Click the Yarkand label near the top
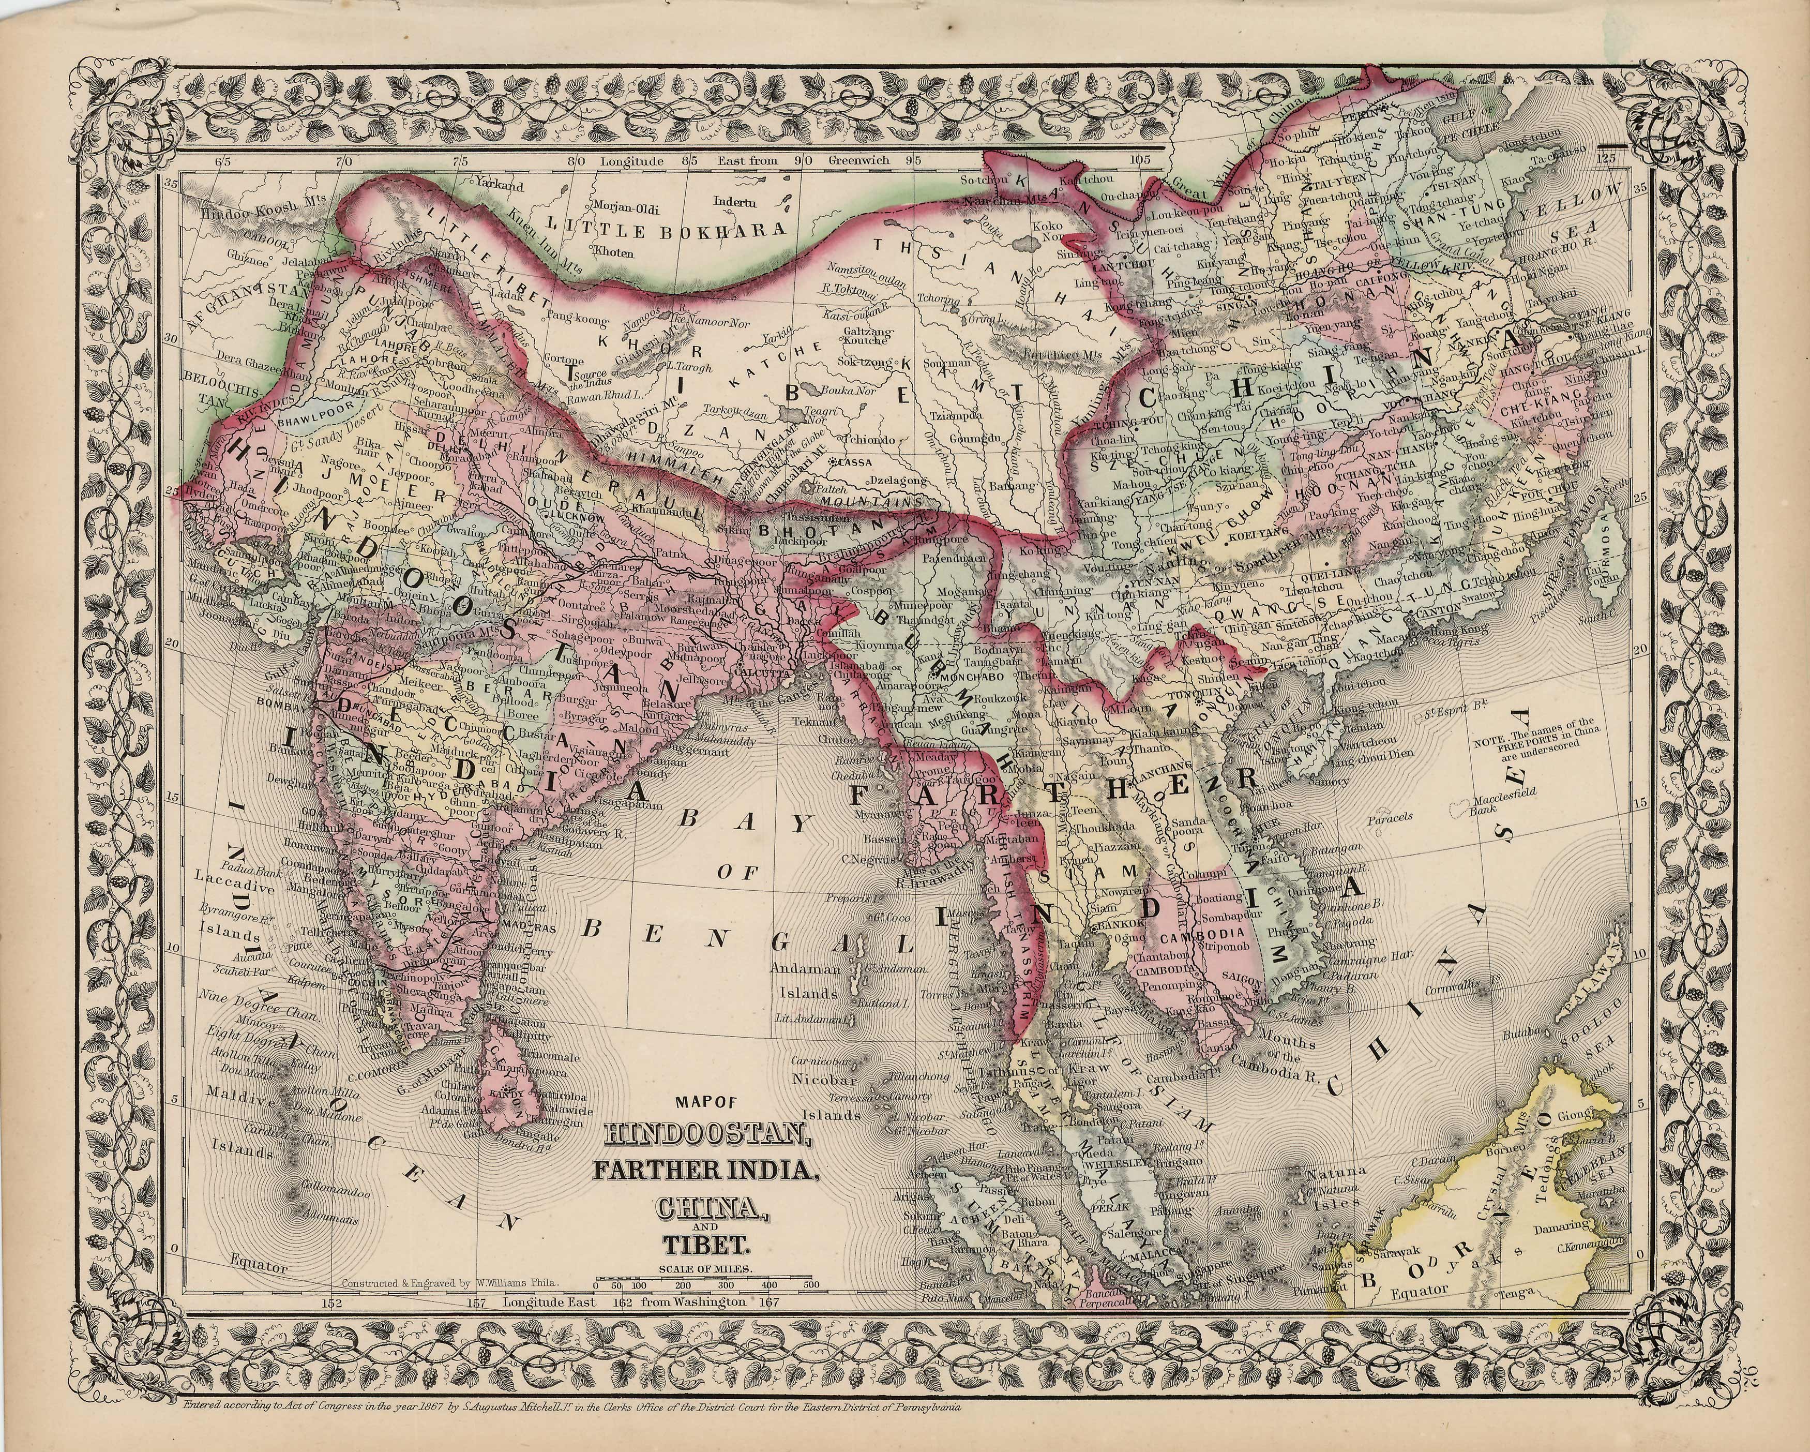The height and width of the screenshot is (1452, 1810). click(499, 185)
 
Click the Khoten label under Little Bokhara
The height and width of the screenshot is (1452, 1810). click(614, 250)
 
